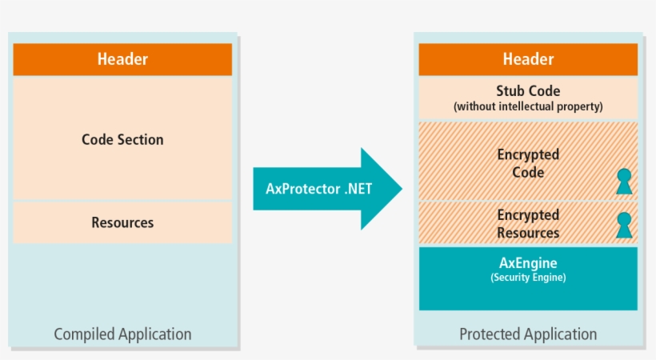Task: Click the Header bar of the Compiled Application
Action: coord(122,59)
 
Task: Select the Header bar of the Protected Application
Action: coord(528,59)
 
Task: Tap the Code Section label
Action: coord(122,139)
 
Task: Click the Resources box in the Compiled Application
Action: coord(122,222)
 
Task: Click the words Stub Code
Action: coord(528,91)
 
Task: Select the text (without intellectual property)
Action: coord(528,106)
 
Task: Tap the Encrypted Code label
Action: coord(528,163)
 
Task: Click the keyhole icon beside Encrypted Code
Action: coord(623,182)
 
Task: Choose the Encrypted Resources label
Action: coord(528,224)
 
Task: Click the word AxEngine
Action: coord(528,262)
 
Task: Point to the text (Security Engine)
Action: coord(528,278)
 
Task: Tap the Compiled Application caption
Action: coord(122,334)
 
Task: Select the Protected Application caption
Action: coord(528,334)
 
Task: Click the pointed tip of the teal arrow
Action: coord(399,189)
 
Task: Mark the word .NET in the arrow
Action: coord(364,189)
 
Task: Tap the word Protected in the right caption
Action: coord(490,334)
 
